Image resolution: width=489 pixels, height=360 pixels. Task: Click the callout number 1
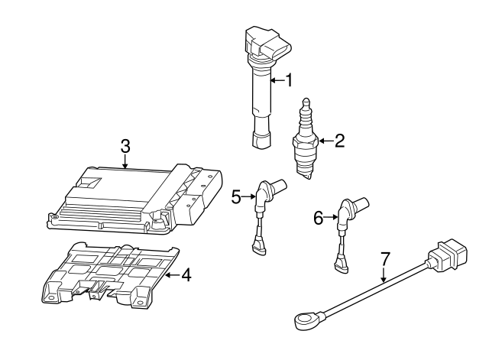289,79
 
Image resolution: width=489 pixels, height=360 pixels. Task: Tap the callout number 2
339,140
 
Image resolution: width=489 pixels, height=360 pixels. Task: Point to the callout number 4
186,274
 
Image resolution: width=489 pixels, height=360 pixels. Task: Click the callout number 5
237,197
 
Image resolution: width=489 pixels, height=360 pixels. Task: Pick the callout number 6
319,218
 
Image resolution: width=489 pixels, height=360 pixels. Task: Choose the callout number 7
385,259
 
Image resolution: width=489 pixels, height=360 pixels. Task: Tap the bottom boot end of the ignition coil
261,139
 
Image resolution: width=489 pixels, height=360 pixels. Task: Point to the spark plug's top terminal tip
307,102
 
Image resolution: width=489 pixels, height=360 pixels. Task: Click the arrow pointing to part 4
171,274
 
